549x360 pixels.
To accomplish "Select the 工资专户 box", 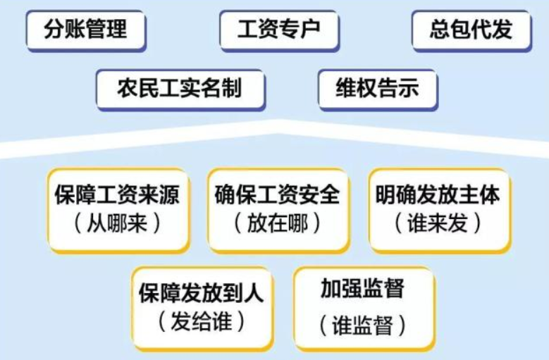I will (x=279, y=30).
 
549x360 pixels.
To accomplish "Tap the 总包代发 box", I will (x=471, y=30).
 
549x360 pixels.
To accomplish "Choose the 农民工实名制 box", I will (x=180, y=89).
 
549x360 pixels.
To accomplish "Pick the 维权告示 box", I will (x=378, y=89).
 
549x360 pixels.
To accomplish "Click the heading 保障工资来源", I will (x=117, y=194).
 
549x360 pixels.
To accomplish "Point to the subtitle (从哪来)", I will (x=117, y=223).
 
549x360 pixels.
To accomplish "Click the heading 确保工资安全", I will (x=278, y=194).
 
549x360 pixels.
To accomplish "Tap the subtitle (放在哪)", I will (x=278, y=223).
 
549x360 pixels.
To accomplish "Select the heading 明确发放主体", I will (x=438, y=194).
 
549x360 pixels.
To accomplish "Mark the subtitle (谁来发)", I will (x=438, y=223).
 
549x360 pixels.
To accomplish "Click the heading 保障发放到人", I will (x=202, y=292).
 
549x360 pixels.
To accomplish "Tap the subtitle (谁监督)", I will (x=363, y=324).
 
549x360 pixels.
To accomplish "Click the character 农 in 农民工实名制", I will (x=128, y=89).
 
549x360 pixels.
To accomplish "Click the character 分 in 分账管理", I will (x=54, y=30).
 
